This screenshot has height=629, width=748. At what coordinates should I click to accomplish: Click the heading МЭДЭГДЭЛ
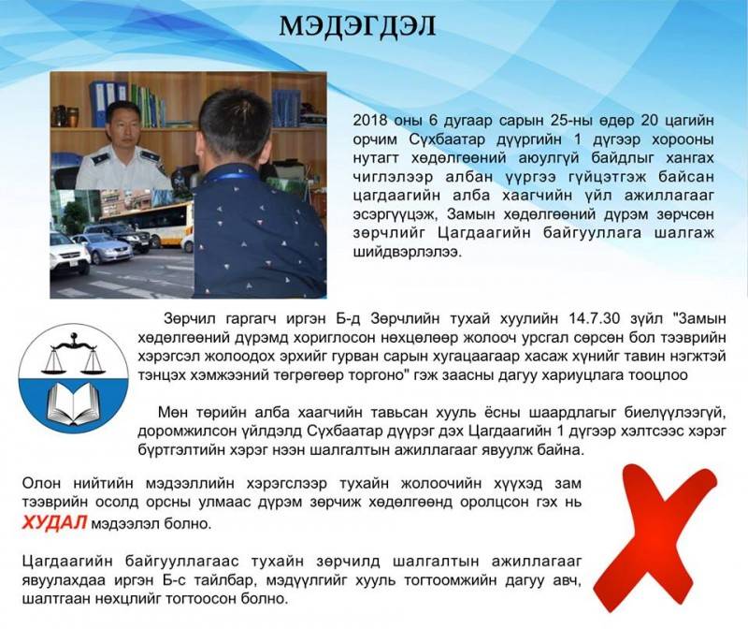pyautogui.click(x=357, y=26)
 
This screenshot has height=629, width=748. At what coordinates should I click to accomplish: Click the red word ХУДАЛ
pyautogui.click(x=54, y=523)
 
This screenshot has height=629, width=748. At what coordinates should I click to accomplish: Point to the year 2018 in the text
pyautogui.click(x=370, y=120)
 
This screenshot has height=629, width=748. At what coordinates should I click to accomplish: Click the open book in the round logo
pyautogui.click(x=73, y=402)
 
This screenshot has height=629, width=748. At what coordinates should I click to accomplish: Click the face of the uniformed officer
pyautogui.click(x=119, y=125)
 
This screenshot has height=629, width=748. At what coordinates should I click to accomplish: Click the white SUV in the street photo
pyautogui.click(x=69, y=253)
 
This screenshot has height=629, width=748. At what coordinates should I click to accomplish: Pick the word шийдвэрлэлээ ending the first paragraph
pyautogui.click(x=408, y=253)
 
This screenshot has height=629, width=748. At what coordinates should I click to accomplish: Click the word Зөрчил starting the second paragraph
pyautogui.click(x=189, y=318)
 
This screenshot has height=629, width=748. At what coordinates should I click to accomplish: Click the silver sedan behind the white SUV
pyautogui.click(x=108, y=248)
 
